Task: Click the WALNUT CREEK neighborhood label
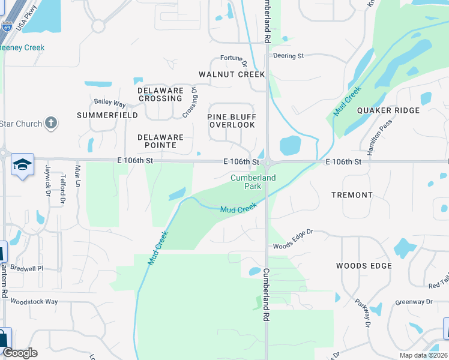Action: coord(232,74)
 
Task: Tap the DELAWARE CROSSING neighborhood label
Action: coord(160,94)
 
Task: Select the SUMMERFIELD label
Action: coord(107,115)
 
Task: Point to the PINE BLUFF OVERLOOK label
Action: coord(232,121)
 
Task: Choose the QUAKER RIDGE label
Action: coord(388,110)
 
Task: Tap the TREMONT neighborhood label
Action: coord(352,195)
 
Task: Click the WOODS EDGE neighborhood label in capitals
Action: coord(364,266)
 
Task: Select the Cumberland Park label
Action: coord(253,182)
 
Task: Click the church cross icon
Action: coord(52,124)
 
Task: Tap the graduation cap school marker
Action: coord(22,165)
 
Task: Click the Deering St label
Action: coord(289,56)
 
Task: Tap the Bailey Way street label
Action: coord(110,103)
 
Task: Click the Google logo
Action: coord(20,352)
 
